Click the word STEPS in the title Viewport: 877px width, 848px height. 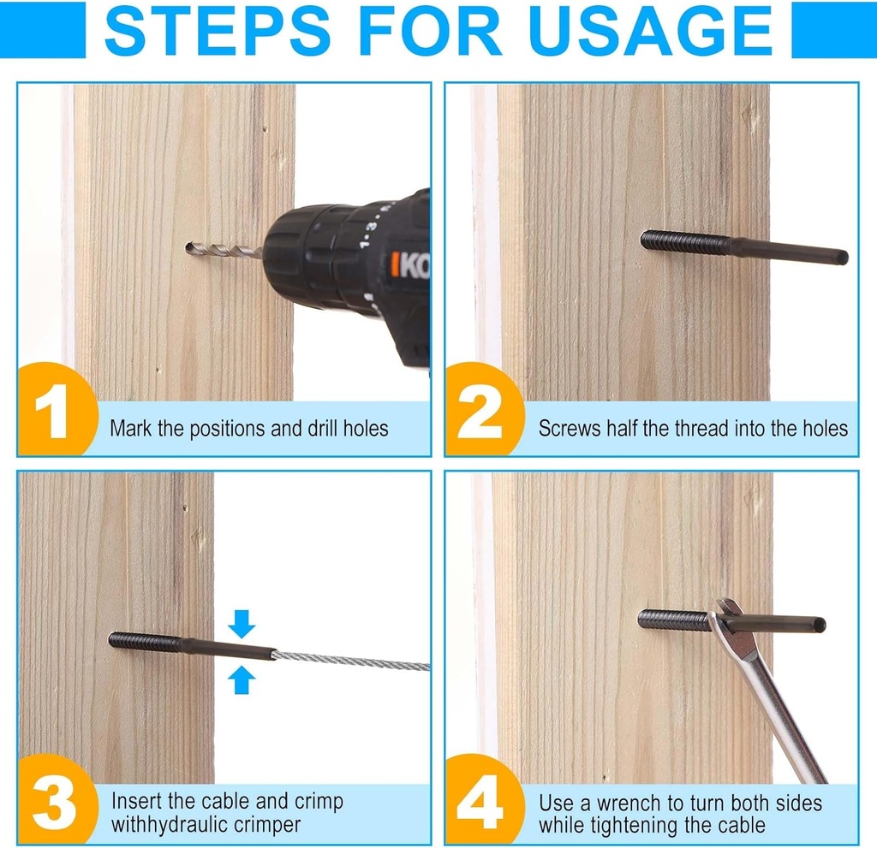click(217, 30)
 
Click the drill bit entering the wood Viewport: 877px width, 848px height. click(224, 249)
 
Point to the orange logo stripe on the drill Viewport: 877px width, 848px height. click(395, 265)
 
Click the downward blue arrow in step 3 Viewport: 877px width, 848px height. click(242, 623)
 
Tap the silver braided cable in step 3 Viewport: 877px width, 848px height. click(352, 661)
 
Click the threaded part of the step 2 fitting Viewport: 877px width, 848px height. click(686, 241)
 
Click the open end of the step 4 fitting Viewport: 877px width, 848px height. click(820, 625)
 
